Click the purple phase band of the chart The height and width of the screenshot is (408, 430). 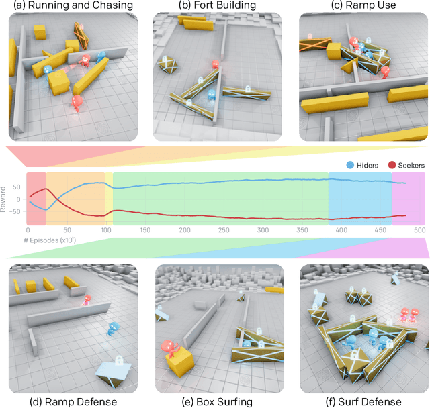[408, 199]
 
